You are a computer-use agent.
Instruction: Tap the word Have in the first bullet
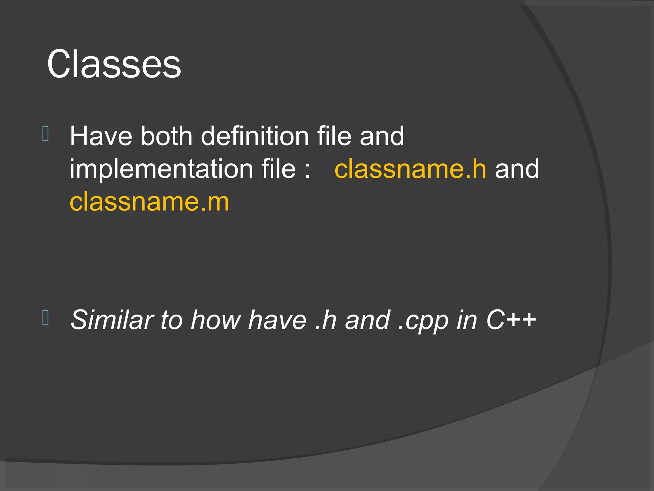[101, 136]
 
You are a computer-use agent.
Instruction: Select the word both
[166, 136]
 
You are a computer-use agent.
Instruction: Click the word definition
[255, 136]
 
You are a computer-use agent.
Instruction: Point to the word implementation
[161, 169]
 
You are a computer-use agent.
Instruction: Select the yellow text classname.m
[149, 202]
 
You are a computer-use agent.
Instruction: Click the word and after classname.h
[517, 169]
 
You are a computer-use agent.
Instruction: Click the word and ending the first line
[382, 136]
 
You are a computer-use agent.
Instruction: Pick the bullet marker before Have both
[45, 134]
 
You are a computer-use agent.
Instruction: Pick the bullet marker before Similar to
[45, 317]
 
